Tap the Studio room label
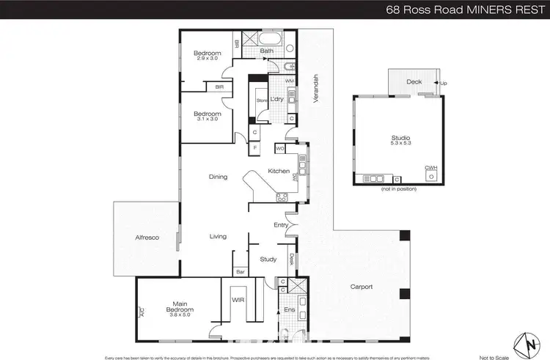[x=400, y=139]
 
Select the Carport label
[x=362, y=287]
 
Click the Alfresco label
[x=147, y=238]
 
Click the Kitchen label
[x=279, y=171]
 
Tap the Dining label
[x=218, y=177]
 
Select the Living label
[x=218, y=236]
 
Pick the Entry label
[x=280, y=225]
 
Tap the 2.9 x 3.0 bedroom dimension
[x=208, y=59]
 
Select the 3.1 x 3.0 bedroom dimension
[x=208, y=120]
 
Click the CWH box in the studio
[x=430, y=172]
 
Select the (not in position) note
[x=399, y=189]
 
